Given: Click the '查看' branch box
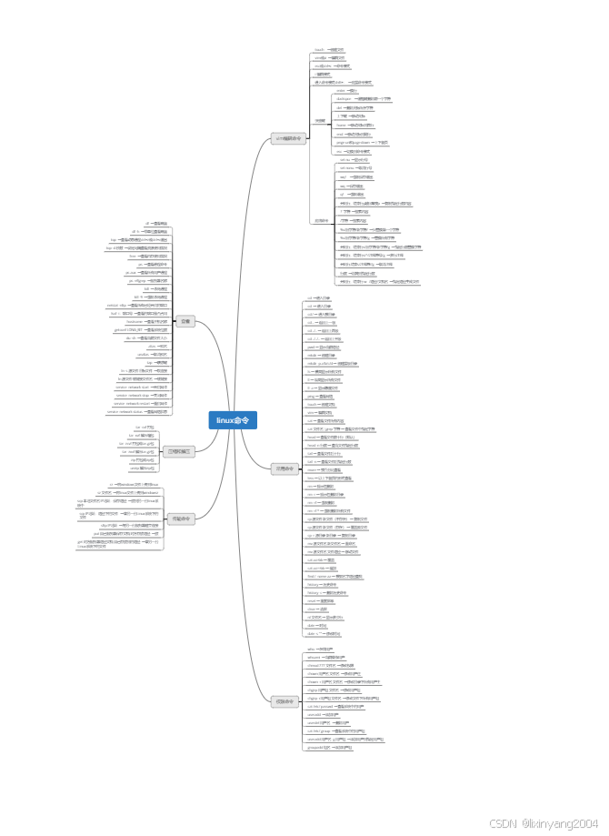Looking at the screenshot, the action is point(185,321).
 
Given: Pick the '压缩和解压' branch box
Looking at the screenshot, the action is point(179,450).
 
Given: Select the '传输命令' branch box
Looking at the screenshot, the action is point(180,518).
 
